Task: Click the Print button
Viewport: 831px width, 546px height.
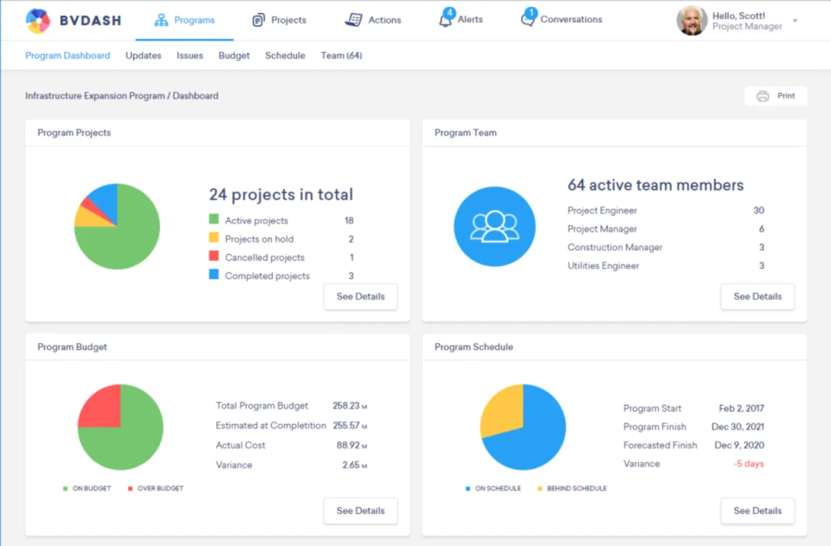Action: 776,96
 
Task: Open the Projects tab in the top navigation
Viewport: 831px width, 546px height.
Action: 279,20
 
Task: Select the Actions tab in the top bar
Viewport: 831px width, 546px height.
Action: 373,20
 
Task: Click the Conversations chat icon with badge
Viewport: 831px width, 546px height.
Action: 528,19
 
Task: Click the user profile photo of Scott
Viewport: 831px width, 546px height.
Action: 691,21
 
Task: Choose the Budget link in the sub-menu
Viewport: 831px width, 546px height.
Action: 234,55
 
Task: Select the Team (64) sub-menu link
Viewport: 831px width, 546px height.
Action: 341,55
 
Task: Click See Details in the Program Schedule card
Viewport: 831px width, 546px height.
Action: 757,511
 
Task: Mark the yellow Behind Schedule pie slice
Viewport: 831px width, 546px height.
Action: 500,412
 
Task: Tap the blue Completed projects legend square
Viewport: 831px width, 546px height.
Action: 214,275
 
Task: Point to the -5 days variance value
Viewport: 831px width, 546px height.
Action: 749,464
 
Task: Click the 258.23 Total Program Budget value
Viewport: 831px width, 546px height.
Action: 346,406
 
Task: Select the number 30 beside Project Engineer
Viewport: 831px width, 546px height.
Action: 758,211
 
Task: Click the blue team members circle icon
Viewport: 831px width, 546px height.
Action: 494,227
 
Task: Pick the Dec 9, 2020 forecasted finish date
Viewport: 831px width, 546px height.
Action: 739,446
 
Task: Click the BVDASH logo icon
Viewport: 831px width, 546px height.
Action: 37,21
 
